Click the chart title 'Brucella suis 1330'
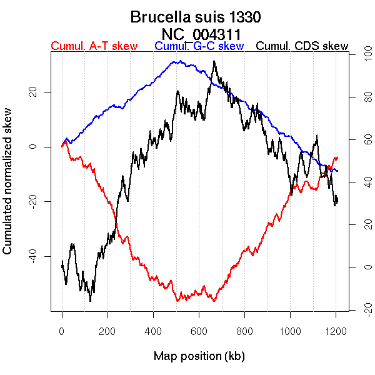196,17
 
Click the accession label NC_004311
201,34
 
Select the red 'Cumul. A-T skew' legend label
94,47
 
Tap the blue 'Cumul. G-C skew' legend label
199,47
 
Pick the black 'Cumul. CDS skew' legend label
302,47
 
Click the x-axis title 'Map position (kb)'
199,356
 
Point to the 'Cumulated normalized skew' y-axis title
8,189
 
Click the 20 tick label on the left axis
31,92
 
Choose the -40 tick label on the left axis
31,256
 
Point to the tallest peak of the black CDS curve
214,61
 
